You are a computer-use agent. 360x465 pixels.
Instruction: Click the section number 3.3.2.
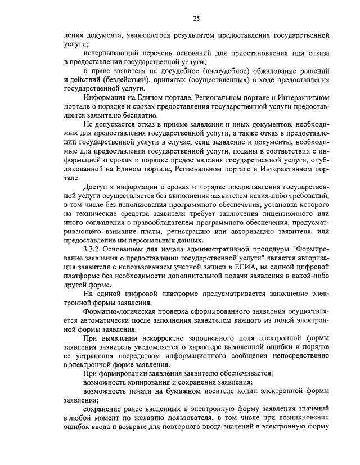click(x=93, y=250)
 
